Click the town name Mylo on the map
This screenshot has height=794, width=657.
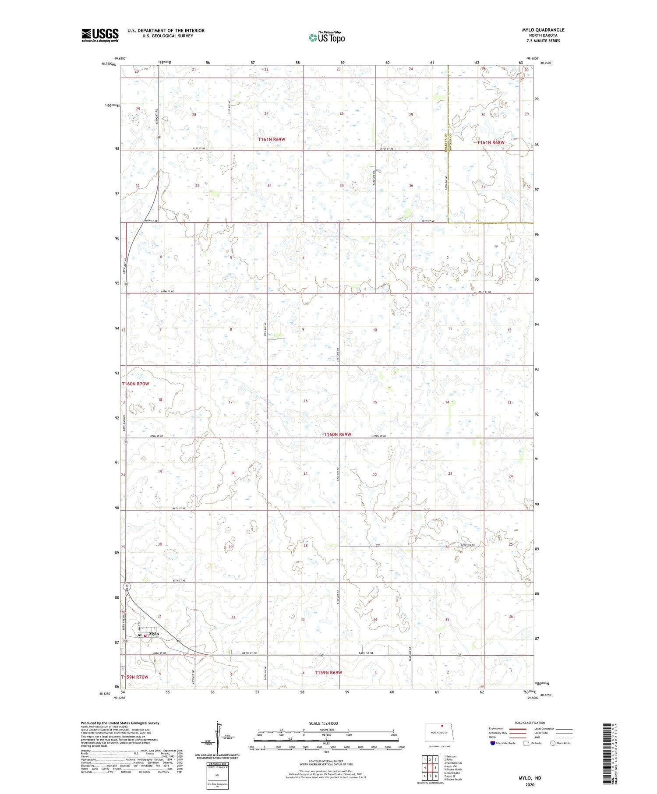[154, 634]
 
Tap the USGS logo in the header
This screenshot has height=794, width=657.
[100, 35]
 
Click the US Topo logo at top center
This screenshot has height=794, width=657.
[327, 38]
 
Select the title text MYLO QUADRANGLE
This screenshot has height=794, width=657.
[543, 30]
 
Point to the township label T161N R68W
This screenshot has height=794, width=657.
[491, 143]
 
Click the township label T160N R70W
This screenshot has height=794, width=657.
[135, 384]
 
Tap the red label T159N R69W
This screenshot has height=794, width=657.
[328, 672]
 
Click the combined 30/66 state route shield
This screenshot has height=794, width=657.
[127, 587]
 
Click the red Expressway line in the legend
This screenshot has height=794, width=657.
[518, 729]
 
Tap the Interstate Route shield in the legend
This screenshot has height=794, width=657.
[493, 743]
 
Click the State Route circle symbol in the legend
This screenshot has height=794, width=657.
[553, 743]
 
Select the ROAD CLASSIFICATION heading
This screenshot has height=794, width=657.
[530, 723]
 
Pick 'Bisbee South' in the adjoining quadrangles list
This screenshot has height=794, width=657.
[453, 780]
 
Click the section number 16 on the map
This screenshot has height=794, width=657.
[306, 401]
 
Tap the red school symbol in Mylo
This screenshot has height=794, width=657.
[145, 636]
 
